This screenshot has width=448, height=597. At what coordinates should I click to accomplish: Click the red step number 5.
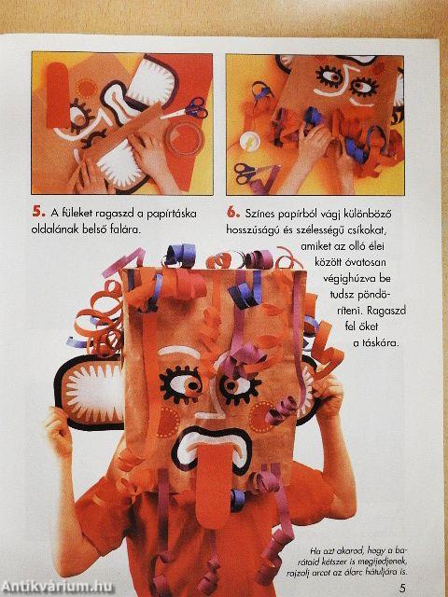click(38, 212)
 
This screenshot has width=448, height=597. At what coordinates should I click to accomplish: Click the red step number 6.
click(233, 212)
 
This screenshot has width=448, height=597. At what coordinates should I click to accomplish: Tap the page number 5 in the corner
click(402, 587)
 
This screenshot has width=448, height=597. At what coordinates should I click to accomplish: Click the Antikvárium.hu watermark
click(57, 587)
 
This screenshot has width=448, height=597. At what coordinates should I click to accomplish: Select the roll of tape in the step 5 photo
click(186, 137)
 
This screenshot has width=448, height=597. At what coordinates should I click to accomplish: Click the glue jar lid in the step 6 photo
click(250, 143)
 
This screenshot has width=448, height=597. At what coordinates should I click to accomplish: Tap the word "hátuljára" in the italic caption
click(380, 572)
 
